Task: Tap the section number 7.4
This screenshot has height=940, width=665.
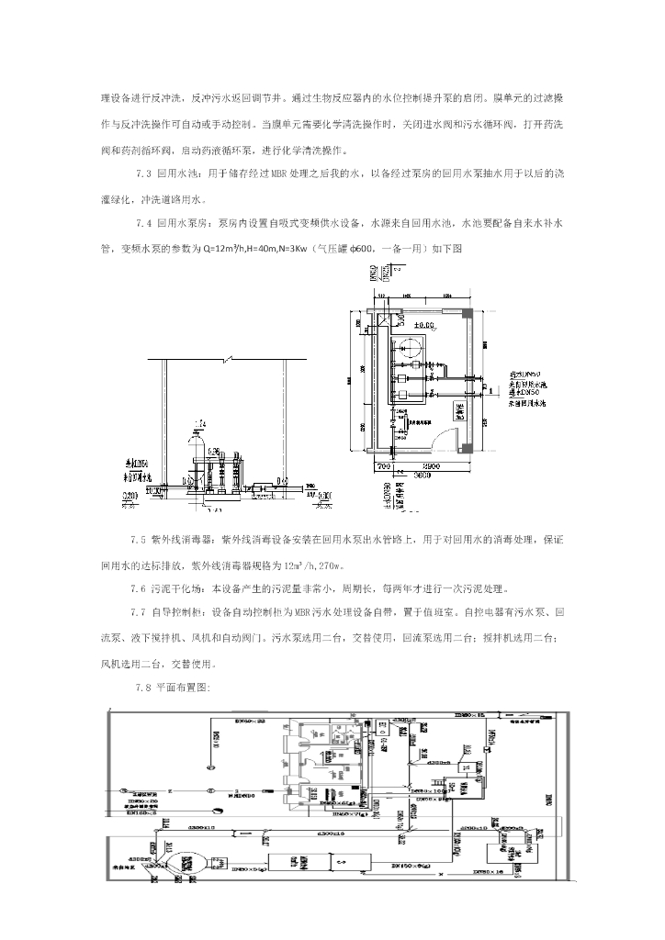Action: click(143, 223)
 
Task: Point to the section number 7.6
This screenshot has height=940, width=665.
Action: click(143, 588)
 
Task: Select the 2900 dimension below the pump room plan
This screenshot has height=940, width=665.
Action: click(432, 467)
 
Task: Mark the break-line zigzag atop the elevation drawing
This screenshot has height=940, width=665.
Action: click(238, 356)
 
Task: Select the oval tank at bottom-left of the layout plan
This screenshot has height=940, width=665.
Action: click(188, 859)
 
